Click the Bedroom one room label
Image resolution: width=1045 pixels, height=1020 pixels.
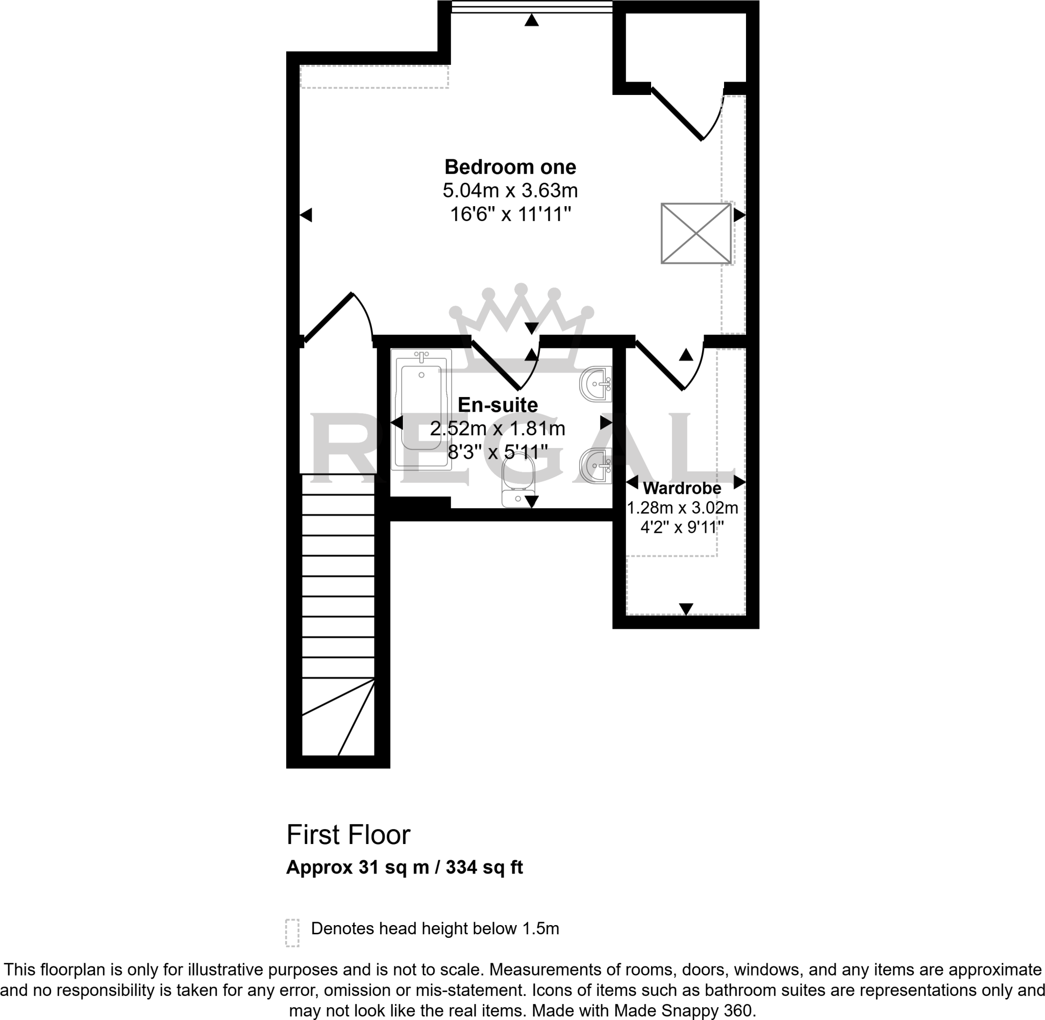(x=510, y=167)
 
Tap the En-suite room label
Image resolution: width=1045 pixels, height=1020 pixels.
(x=497, y=405)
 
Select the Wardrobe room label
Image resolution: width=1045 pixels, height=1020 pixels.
(x=682, y=488)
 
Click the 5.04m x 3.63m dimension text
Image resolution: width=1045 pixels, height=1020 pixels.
(x=510, y=191)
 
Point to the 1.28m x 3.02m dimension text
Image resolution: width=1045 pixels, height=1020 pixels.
(x=682, y=508)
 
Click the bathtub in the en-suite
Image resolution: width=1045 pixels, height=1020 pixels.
(x=421, y=410)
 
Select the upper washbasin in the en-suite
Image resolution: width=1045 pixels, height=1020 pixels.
(x=596, y=384)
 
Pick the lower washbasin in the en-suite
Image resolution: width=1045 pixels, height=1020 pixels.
(x=596, y=465)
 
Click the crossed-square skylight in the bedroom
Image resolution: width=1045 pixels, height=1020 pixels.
(x=696, y=233)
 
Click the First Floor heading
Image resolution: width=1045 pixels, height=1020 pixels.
(x=348, y=835)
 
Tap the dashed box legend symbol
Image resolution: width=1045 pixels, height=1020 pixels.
(x=292, y=933)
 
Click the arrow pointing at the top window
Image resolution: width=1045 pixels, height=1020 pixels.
(x=531, y=20)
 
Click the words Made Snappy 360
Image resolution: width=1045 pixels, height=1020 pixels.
(x=682, y=1010)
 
